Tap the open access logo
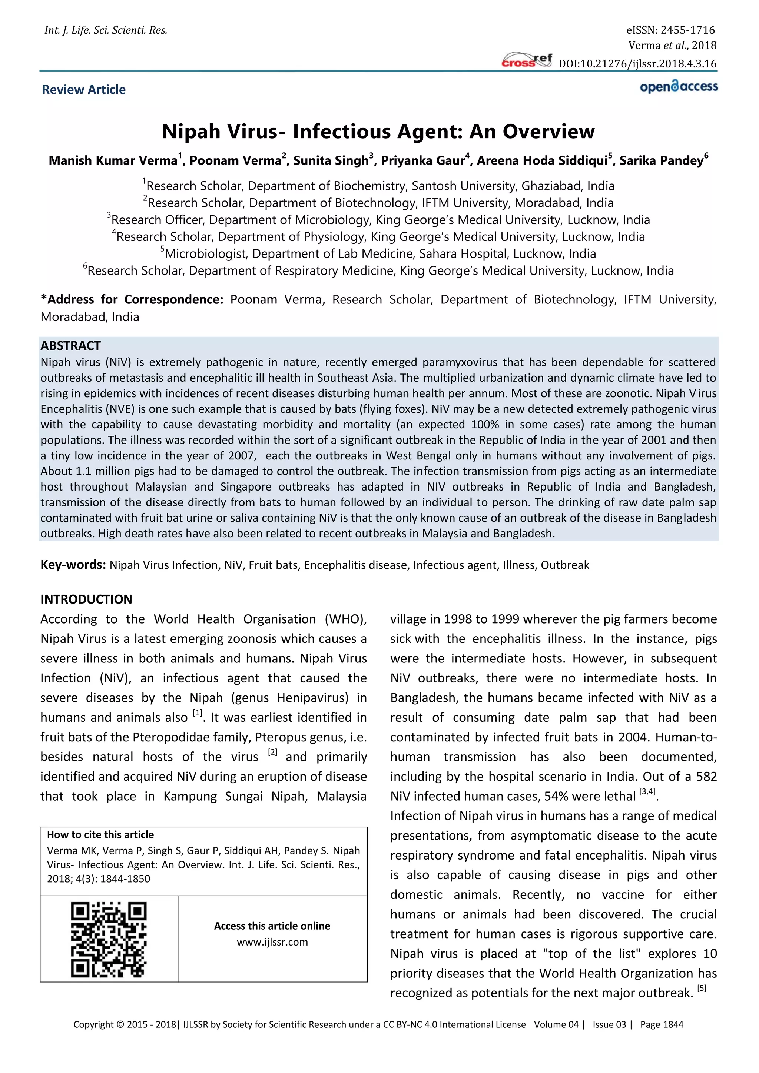point(679,87)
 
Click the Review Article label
point(84,90)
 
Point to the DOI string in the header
point(637,64)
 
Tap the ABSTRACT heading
point(70,346)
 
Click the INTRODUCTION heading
point(86,599)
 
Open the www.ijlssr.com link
point(272,942)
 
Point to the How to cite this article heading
point(100,835)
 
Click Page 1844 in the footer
point(661,1024)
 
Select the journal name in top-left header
point(106,30)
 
